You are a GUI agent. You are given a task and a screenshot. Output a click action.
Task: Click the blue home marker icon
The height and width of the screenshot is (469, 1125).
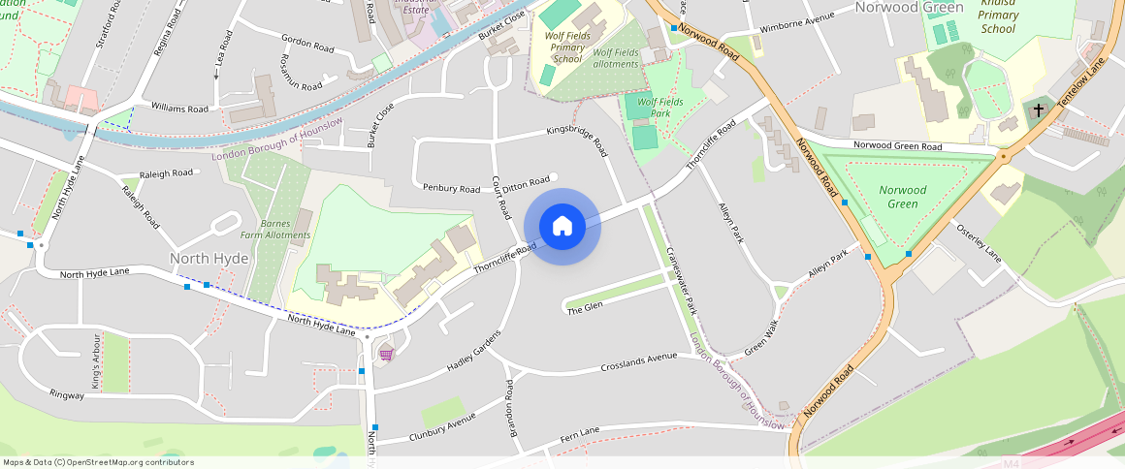tap(562, 227)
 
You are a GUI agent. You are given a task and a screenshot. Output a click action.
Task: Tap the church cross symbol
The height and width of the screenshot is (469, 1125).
tap(1039, 110)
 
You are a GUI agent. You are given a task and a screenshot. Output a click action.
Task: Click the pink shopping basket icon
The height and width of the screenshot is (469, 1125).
tap(386, 354)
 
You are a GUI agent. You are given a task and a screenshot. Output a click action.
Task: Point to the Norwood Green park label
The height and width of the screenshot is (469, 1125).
tap(902, 197)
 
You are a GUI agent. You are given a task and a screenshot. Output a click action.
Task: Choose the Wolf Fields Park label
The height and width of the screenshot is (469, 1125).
tap(659, 107)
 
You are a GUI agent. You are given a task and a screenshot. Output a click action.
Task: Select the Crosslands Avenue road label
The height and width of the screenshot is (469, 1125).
tap(638, 361)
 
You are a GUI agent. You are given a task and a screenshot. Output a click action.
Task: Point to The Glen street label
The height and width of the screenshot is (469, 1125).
tap(585, 307)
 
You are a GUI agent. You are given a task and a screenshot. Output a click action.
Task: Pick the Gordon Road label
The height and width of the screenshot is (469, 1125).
tap(307, 44)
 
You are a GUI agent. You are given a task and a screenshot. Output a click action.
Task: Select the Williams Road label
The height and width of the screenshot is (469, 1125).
tap(179, 109)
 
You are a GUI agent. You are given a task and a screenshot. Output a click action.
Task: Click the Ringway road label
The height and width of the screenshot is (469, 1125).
tap(67, 394)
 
